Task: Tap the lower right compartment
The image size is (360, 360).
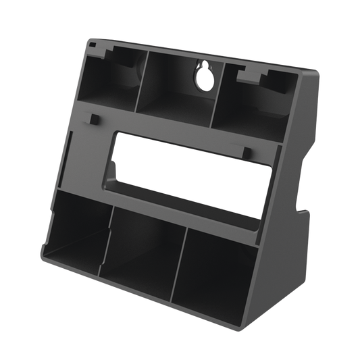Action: [216, 270]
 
